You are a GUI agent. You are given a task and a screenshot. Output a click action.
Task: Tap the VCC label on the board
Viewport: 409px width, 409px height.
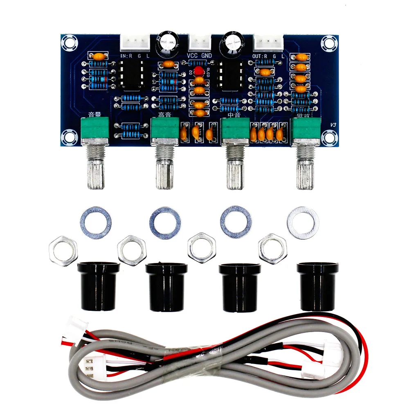click(x=193, y=56)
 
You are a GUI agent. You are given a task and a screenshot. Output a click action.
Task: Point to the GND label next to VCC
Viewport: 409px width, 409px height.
click(x=207, y=56)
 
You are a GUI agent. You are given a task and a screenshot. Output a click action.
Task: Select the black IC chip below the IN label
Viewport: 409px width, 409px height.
click(x=132, y=75)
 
